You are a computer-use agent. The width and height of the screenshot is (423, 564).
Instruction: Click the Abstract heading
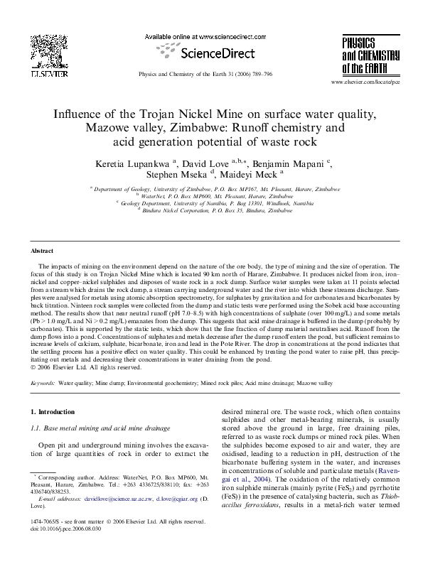(x=43, y=251)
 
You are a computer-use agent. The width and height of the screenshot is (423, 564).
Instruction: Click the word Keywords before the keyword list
(x=44, y=382)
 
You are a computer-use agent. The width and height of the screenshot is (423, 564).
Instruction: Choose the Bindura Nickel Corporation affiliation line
(x=214, y=210)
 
